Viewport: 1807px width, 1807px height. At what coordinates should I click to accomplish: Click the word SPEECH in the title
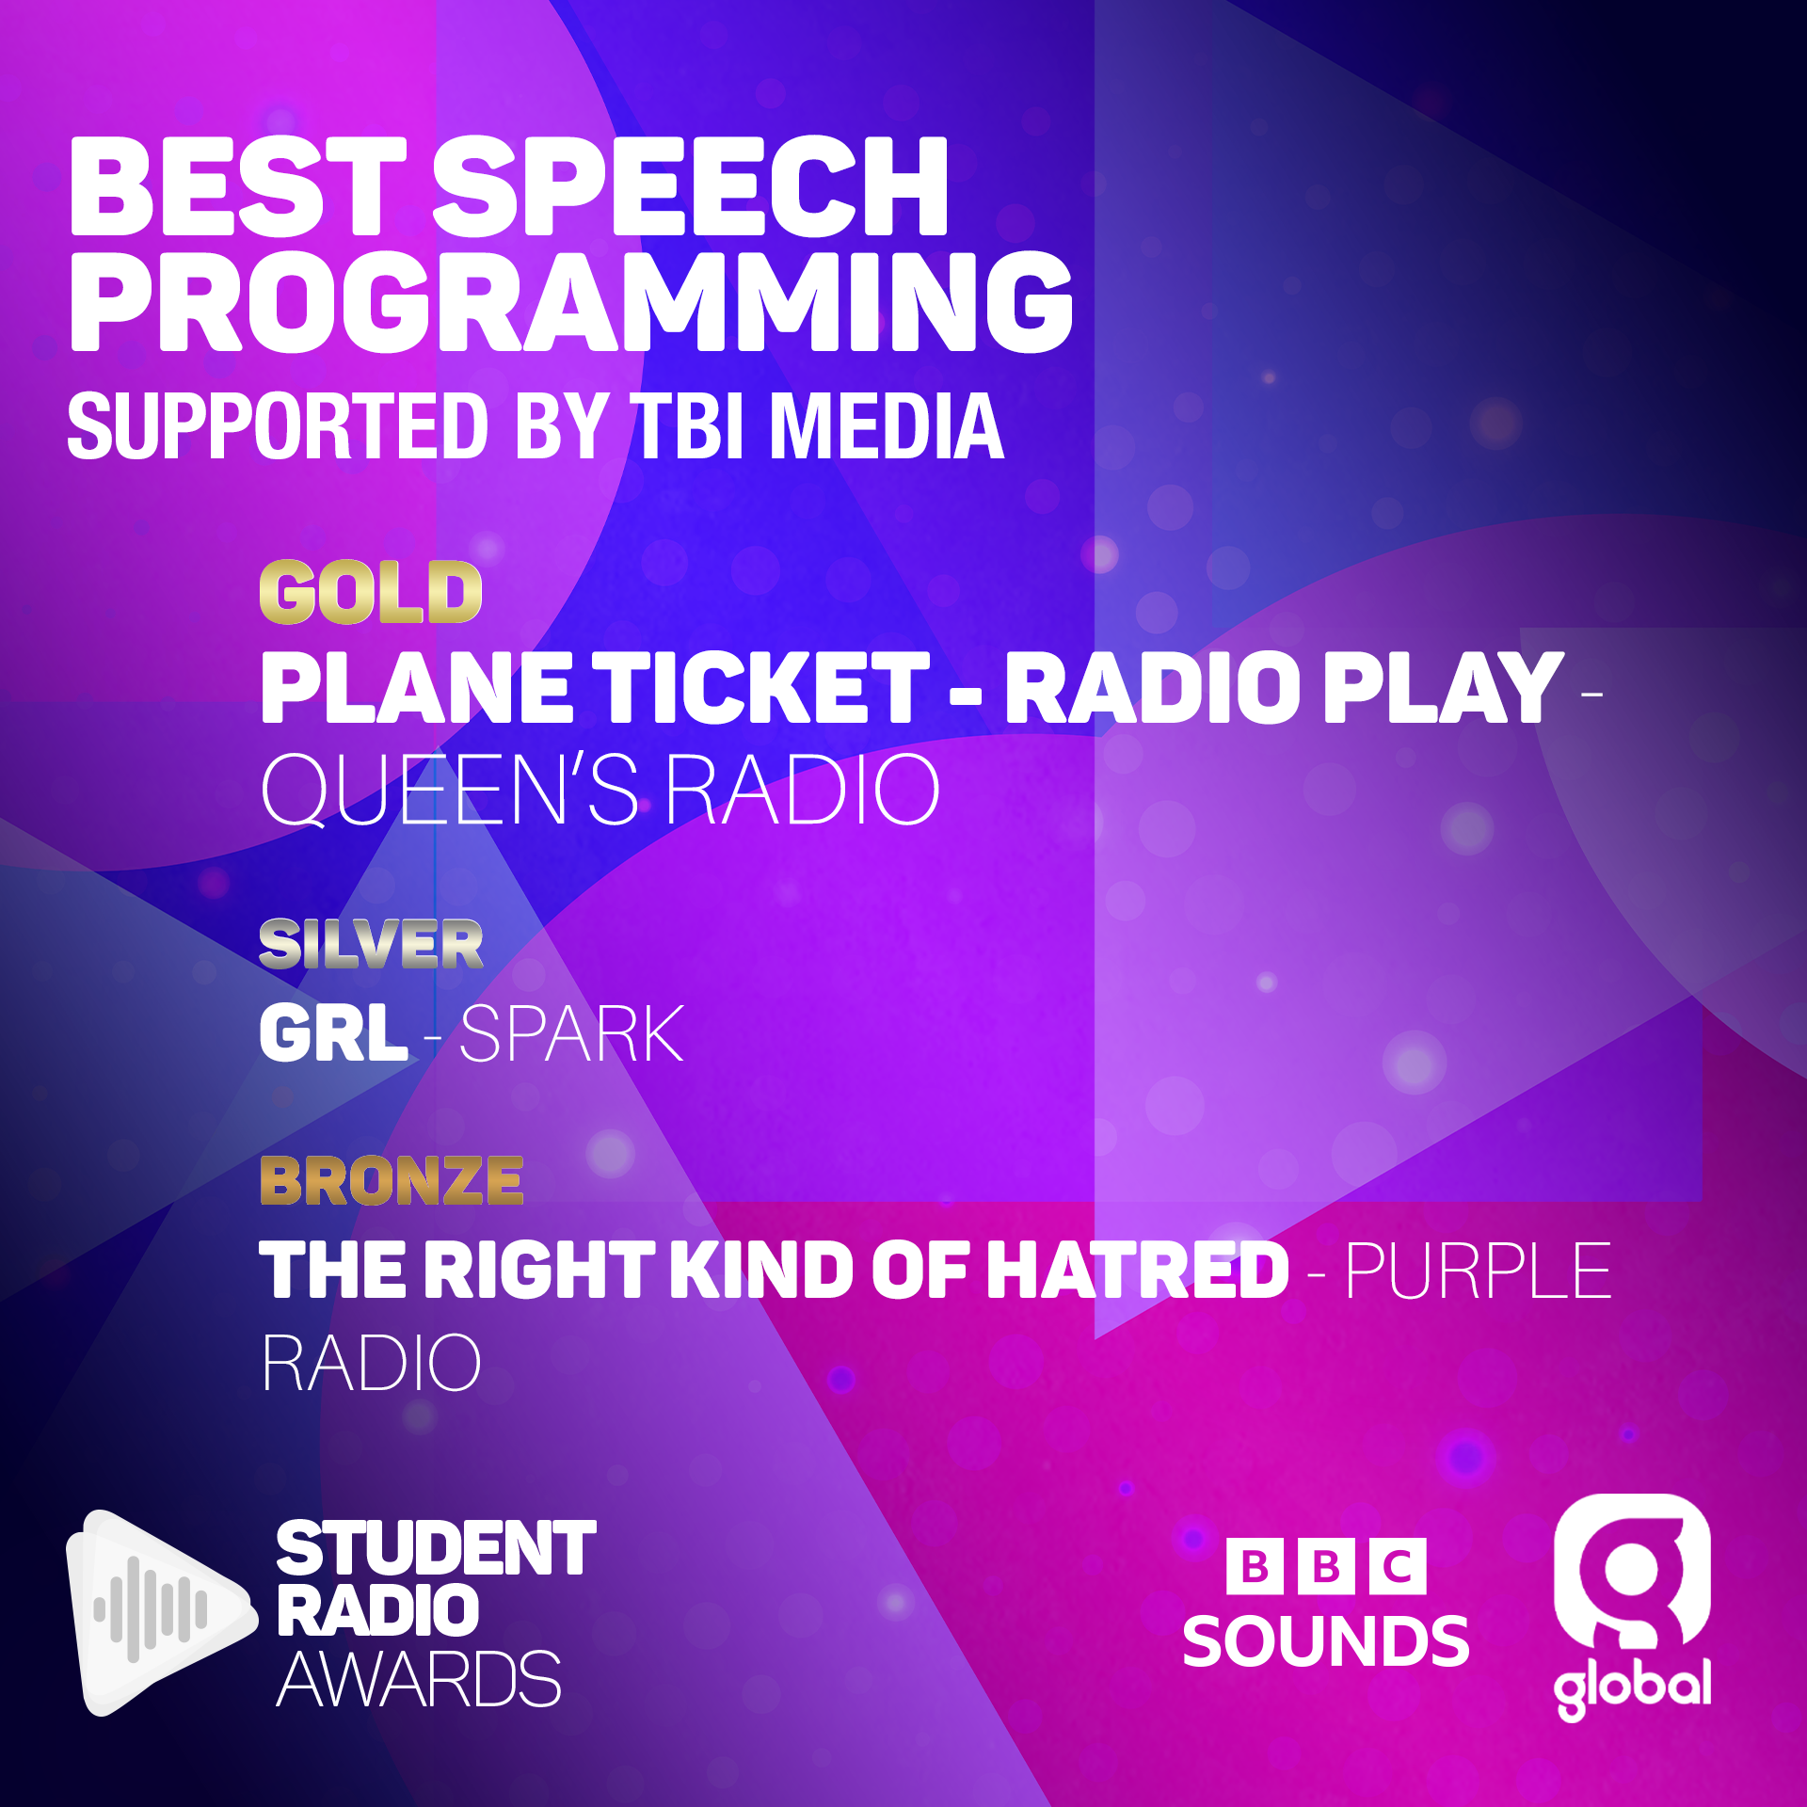pos(691,185)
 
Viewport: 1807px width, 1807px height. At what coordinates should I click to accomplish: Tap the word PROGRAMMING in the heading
pos(572,302)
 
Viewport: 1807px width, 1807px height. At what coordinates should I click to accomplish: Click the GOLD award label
pos(371,592)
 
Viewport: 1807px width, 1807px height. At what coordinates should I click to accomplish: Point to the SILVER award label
pos(371,944)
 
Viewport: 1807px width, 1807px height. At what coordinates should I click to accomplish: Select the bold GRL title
pos(334,1033)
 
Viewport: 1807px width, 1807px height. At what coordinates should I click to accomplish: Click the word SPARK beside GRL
pos(572,1033)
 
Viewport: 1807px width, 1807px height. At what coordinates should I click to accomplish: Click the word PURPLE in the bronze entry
pos(1479,1271)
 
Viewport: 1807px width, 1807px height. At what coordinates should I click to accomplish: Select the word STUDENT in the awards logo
pos(437,1548)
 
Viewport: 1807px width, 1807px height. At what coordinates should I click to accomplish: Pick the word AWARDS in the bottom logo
pos(419,1680)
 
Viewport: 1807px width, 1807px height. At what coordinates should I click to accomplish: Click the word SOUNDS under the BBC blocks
pos(1326,1641)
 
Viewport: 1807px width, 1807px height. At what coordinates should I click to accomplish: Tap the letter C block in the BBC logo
pos(1399,1567)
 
